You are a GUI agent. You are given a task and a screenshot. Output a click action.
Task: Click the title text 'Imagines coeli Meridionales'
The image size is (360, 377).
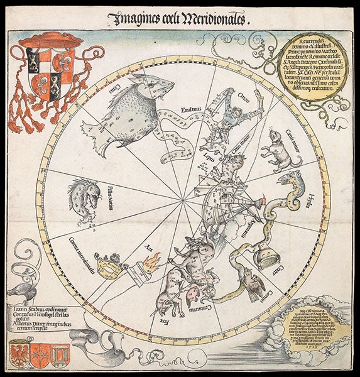180,18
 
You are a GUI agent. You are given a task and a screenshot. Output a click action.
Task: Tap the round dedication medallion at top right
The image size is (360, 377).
309,65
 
